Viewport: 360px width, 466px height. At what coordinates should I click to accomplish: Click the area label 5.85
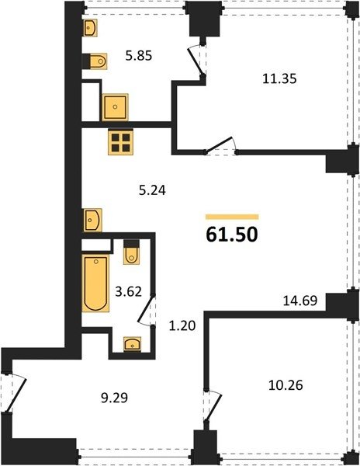pos(139,56)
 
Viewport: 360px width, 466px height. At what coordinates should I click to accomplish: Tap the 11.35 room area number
pos(279,79)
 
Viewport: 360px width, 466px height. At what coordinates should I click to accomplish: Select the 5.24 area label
pos(152,190)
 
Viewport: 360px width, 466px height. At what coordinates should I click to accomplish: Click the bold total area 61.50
pos(232,235)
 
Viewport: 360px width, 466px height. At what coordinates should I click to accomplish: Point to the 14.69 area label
pos(300,301)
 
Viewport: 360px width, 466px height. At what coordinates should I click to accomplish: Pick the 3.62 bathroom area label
pos(128,291)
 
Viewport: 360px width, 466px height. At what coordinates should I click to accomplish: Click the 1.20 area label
pos(182,326)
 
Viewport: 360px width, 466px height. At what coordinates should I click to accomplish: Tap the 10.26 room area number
pos(286,385)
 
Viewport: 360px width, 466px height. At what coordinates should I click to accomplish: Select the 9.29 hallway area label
pos(114,398)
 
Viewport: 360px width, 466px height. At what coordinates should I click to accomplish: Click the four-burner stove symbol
pos(120,142)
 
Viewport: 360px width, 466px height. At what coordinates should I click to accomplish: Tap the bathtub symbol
pos(95,283)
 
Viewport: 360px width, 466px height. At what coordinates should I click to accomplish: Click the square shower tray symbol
pos(115,107)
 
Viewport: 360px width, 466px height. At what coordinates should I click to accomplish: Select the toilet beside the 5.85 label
pos(98,61)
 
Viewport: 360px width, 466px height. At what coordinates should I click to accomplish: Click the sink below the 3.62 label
pos(133,344)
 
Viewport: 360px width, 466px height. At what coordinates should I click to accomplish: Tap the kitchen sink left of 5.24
pos(92,221)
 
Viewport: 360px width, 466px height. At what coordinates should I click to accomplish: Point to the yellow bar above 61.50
pos(232,217)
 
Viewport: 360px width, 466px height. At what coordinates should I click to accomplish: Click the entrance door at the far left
pos(14,392)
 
